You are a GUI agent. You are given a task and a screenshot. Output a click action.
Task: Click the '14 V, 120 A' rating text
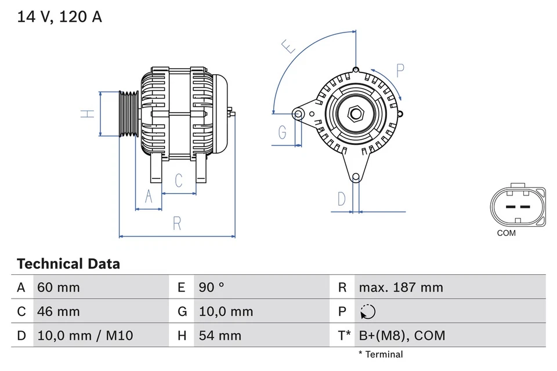click(59, 17)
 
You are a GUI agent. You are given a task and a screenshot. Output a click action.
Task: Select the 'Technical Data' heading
click(68, 264)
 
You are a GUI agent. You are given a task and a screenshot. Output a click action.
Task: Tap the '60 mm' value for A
click(58, 288)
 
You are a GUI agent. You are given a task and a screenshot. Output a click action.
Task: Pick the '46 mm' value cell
click(58, 311)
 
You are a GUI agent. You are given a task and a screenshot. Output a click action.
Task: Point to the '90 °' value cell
click(212, 288)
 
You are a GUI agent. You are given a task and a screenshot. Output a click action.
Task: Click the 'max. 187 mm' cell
click(400, 288)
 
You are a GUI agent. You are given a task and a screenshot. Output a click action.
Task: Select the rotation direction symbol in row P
click(367, 312)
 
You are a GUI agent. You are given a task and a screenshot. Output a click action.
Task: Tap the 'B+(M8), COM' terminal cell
click(402, 335)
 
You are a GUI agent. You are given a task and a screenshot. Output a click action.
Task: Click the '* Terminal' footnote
click(380, 354)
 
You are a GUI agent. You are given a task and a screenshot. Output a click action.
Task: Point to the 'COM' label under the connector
click(506, 234)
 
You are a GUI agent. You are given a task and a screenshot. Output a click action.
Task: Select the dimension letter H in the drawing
click(87, 114)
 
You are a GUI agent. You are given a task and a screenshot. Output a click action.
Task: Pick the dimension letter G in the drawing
click(283, 133)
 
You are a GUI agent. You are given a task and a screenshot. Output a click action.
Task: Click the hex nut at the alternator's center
click(355, 114)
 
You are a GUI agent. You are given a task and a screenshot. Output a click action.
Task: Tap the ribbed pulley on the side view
click(128, 114)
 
